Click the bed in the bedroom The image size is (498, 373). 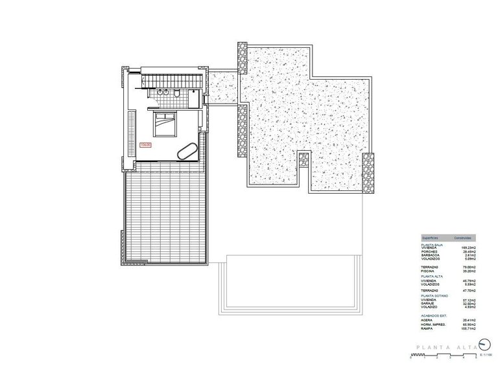165,123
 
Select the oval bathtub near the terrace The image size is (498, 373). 186,152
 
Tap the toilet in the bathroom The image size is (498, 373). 176,95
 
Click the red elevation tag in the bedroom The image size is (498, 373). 145,146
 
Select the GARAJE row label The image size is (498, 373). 429,303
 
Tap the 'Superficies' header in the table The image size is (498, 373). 433,238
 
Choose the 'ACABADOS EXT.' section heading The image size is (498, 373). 434,313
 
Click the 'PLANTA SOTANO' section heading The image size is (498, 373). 434,295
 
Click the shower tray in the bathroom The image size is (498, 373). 195,97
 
